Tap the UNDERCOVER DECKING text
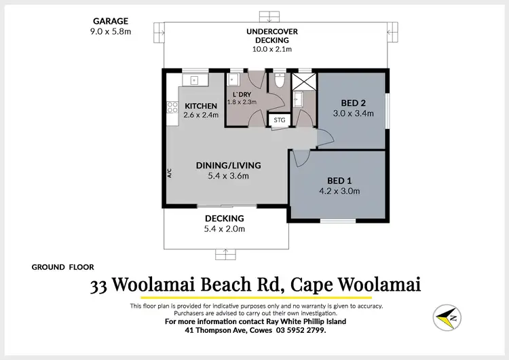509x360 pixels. click(272, 32)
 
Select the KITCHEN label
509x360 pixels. click(201, 106)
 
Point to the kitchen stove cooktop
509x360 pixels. click(172, 108)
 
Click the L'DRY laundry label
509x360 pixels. click(242, 94)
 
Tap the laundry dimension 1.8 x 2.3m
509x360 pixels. click(242, 102)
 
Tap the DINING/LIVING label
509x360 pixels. click(229, 166)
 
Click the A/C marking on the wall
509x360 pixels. click(170, 173)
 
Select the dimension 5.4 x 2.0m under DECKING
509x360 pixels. click(225, 229)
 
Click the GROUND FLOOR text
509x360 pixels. click(63, 267)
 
